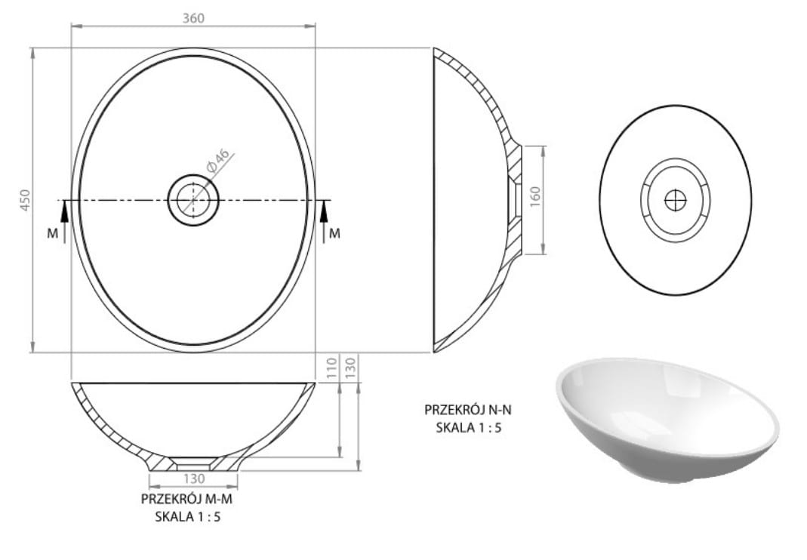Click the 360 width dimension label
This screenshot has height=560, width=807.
click(193, 18)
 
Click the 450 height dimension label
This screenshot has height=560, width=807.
click(25, 200)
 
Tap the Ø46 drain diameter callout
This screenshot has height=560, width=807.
click(217, 160)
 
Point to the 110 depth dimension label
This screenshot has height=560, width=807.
click(331, 368)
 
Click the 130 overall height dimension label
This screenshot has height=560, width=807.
click(350, 368)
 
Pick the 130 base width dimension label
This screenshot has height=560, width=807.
click(193, 478)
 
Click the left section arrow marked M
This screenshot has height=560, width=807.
click(64, 221)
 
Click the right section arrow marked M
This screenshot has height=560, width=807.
click(323, 221)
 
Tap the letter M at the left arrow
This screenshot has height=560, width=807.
click(53, 234)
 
